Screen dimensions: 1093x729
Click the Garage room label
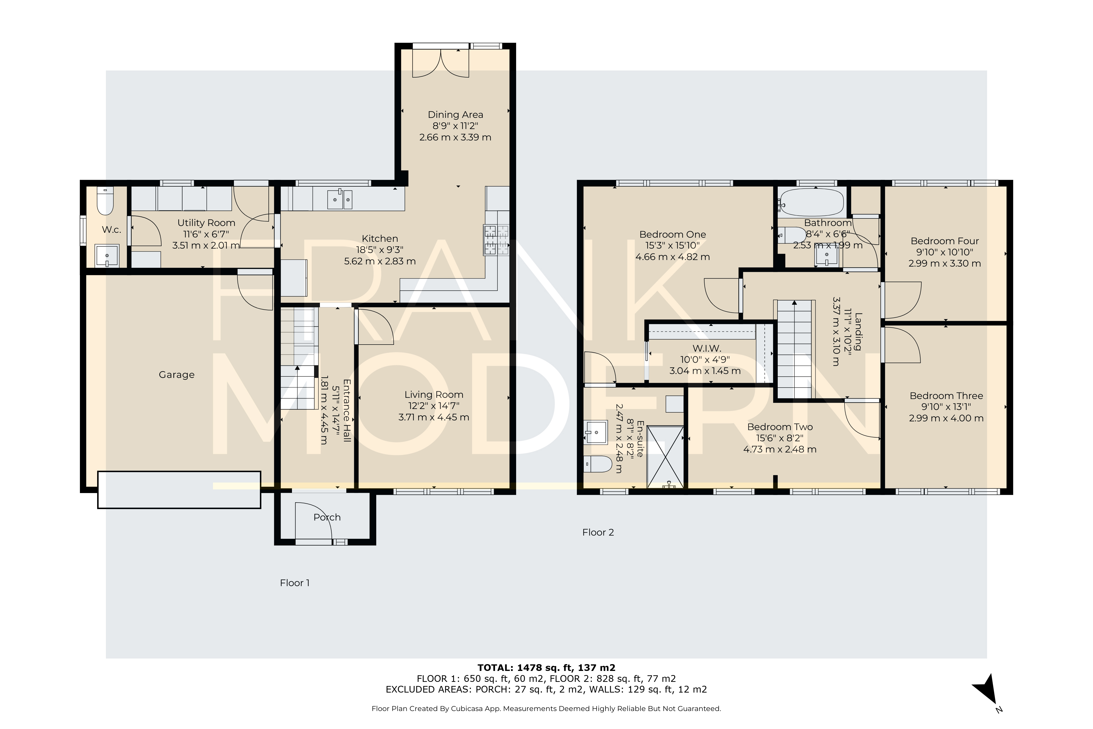(177, 375)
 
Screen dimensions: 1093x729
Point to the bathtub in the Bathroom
(811, 203)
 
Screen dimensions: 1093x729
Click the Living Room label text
(434, 395)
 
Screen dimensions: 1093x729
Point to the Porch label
(327, 517)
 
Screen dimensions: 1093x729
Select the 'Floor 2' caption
(598, 532)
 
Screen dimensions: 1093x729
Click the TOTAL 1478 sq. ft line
(546, 668)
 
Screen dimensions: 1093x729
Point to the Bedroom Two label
(780, 427)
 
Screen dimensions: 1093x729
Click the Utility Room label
(206, 223)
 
